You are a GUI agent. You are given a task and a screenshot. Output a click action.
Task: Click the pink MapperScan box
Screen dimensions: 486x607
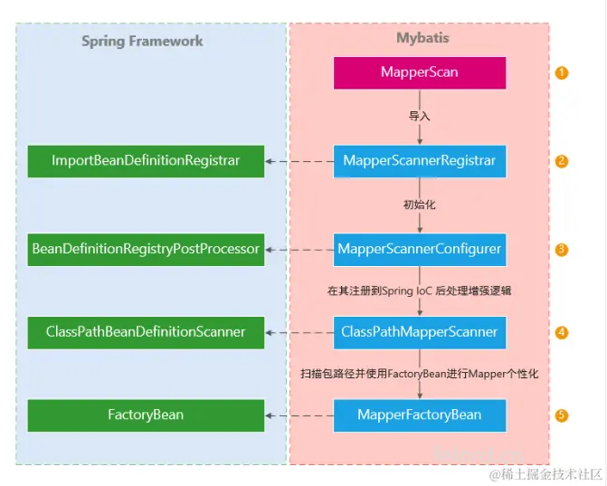pyautogui.click(x=419, y=72)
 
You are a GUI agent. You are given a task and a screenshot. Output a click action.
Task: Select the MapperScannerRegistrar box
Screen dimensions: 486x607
pyautogui.click(x=419, y=161)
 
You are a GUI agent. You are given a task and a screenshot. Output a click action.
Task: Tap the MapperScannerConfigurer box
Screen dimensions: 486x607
pyautogui.click(x=419, y=248)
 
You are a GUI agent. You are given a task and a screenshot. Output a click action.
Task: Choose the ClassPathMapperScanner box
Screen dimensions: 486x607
pyautogui.click(x=419, y=332)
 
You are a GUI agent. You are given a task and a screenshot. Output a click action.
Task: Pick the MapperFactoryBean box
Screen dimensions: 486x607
pyautogui.click(x=419, y=415)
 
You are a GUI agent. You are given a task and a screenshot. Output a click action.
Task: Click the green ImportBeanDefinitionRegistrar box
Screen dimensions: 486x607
pyautogui.click(x=146, y=161)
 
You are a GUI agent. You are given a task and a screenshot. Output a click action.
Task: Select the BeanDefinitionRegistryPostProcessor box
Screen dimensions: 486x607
pyautogui.click(x=146, y=248)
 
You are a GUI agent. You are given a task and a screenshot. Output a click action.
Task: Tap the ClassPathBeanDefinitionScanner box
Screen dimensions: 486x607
pyautogui.click(x=146, y=332)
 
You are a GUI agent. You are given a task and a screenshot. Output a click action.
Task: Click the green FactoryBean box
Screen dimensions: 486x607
pyautogui.click(x=146, y=415)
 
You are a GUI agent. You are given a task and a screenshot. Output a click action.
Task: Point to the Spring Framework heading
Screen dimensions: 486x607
pyautogui.click(x=142, y=41)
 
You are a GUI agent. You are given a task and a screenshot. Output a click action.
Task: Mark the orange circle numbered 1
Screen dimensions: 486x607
pyautogui.click(x=562, y=72)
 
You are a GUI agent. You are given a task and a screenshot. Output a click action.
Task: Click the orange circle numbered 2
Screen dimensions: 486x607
pyautogui.click(x=562, y=161)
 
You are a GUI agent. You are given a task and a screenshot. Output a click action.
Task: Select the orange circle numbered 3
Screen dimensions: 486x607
pyautogui.click(x=562, y=249)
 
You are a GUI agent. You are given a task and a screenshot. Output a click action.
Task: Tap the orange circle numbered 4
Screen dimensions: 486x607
pyautogui.click(x=562, y=332)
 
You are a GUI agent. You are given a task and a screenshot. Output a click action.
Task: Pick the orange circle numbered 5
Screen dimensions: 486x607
pyautogui.click(x=562, y=415)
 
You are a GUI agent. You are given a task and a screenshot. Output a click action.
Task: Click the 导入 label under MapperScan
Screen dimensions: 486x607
pyautogui.click(x=419, y=117)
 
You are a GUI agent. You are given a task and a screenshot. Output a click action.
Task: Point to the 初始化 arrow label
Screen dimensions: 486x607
pyautogui.click(x=419, y=205)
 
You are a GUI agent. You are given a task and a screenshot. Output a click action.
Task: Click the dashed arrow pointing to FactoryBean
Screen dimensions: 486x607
pyautogui.click(x=299, y=415)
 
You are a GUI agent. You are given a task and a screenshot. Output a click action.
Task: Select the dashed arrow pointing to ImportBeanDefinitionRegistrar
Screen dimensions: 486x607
pyautogui.click(x=299, y=161)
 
